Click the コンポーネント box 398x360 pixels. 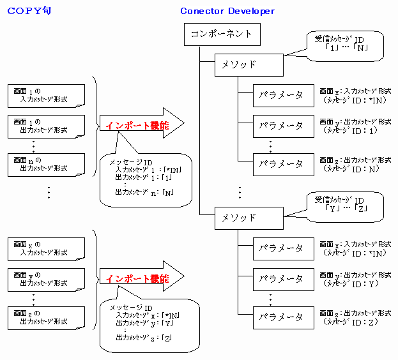(222, 34)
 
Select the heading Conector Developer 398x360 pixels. (227, 11)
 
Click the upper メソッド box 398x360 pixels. (249, 64)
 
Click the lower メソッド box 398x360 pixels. (249, 218)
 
